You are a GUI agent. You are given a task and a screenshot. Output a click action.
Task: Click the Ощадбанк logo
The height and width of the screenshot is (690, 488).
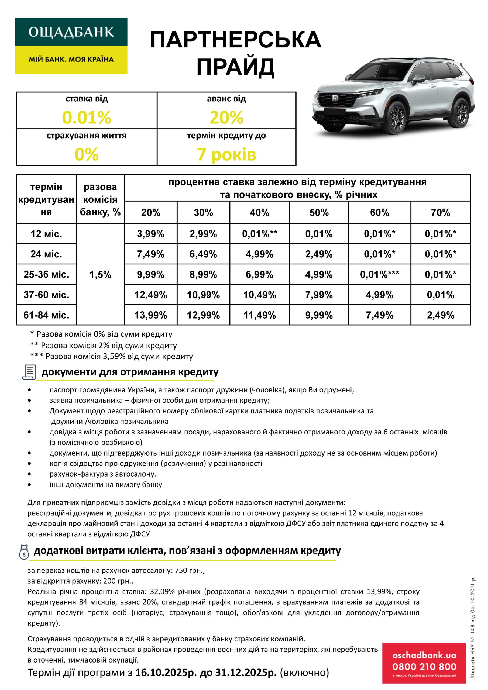(x=71, y=46)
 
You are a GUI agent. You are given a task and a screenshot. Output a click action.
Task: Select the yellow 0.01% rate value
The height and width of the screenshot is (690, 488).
(x=87, y=117)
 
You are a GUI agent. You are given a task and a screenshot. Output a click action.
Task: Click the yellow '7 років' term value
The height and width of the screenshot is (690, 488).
(x=226, y=154)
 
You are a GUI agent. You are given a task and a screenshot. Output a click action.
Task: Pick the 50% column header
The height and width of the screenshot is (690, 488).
(x=319, y=212)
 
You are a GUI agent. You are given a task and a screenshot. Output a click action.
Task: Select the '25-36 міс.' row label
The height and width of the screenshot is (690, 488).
(x=46, y=274)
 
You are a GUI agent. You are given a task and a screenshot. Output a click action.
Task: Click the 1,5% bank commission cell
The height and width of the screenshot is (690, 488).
(x=100, y=274)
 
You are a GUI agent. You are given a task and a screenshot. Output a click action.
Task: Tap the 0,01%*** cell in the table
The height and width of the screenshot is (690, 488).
(x=379, y=274)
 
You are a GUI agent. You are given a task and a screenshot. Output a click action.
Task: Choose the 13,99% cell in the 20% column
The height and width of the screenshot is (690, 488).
(x=151, y=315)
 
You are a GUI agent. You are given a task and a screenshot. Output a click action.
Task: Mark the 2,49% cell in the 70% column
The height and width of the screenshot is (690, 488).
(x=440, y=315)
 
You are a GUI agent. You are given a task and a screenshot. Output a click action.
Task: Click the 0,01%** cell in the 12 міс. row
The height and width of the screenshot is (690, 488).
(x=259, y=234)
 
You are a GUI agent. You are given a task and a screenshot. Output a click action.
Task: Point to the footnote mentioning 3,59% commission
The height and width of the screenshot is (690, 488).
(x=112, y=356)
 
